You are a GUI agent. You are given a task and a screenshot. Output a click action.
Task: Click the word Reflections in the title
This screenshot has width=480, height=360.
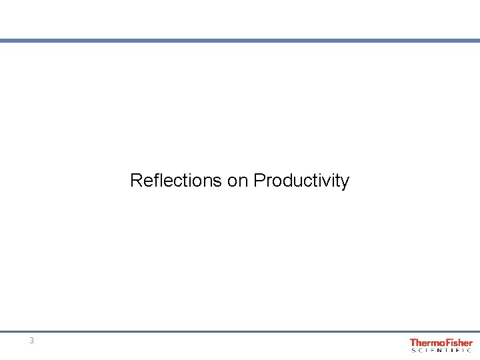tap(176, 181)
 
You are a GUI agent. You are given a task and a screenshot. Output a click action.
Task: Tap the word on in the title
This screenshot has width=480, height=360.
tap(238, 181)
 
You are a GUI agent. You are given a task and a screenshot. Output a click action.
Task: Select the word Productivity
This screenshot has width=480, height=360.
tap(301, 181)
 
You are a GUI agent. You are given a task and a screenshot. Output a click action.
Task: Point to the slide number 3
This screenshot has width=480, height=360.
tap(31, 341)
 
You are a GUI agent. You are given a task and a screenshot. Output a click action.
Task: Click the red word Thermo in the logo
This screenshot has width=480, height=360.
tap(427, 343)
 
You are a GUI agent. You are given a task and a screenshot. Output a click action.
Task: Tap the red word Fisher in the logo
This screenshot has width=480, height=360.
tap(459, 343)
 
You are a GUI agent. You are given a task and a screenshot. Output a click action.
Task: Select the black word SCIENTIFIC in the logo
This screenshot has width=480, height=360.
tap(441, 350)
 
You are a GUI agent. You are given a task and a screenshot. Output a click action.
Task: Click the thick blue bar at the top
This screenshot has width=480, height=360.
tap(240, 41)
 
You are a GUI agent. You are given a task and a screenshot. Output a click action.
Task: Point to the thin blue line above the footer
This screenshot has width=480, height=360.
tap(240, 331)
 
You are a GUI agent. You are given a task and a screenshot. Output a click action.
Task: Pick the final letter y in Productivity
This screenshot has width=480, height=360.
tap(345, 182)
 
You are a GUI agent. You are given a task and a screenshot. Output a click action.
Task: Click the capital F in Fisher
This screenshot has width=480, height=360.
tap(447, 343)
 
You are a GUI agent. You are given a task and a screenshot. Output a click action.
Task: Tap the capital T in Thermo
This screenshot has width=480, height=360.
tap(413, 343)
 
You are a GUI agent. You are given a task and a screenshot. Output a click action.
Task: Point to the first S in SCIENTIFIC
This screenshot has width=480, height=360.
tap(413, 350)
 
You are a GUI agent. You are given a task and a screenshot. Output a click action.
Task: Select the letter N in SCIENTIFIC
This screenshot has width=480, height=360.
tap(439, 350)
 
